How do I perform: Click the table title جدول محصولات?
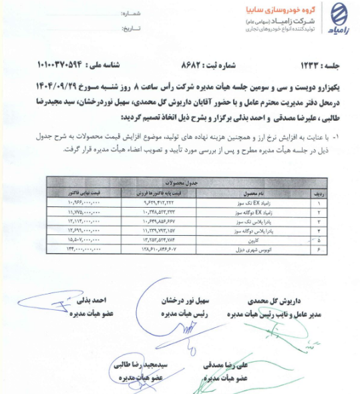(184, 182)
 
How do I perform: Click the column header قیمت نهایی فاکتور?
(82, 190)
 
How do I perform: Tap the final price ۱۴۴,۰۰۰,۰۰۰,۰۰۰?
(83, 246)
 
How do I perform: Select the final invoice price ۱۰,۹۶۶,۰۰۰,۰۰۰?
(83, 200)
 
